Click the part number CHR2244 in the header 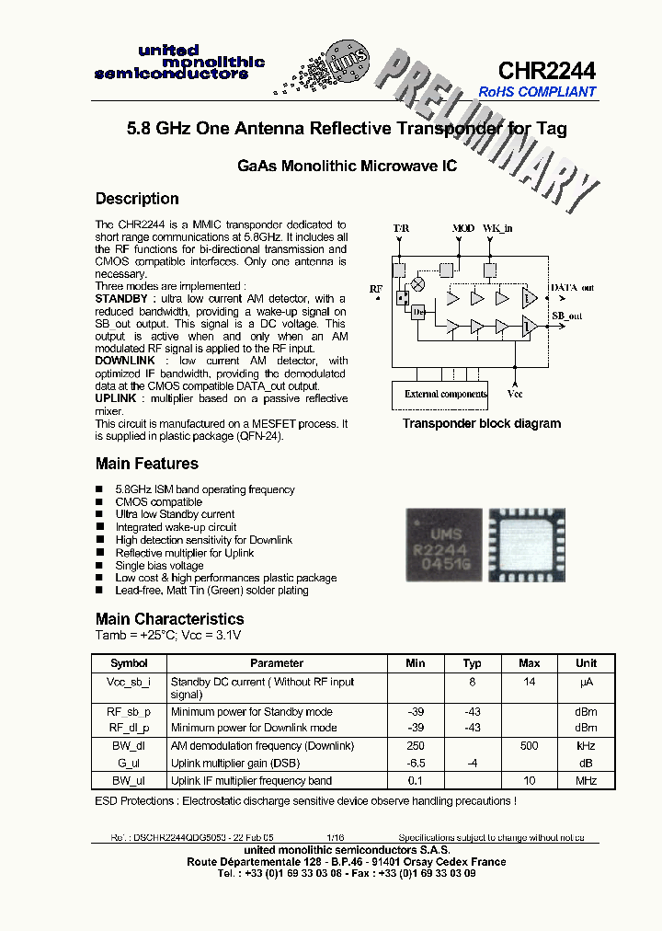[x=546, y=71]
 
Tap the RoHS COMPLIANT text [x=537, y=92]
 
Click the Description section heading [x=137, y=199]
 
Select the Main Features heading [x=146, y=464]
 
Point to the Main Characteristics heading [x=169, y=619]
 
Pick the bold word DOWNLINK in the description [x=125, y=362]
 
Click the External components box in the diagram [x=446, y=394]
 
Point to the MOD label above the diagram [x=463, y=227]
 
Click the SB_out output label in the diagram [x=567, y=316]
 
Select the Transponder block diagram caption [x=481, y=424]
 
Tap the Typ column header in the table [x=472, y=663]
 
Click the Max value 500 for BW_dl [x=529, y=746]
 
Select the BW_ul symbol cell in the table [x=129, y=781]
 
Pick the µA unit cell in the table [x=586, y=682]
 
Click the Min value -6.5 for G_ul [x=415, y=764]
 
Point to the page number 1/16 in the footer [x=334, y=838]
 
